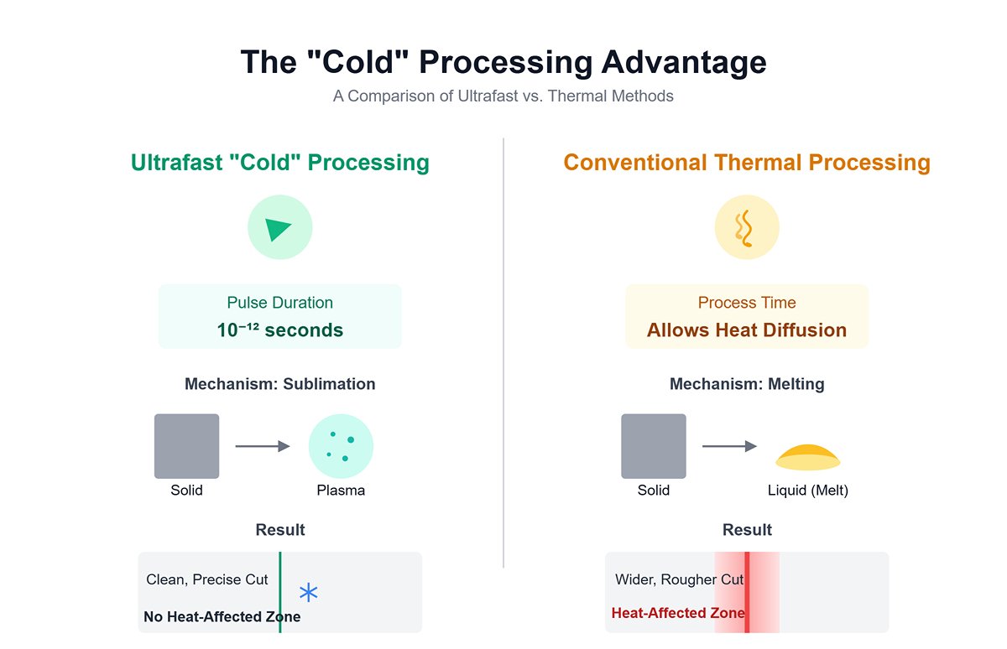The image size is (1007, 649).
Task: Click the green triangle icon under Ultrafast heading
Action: coord(279,229)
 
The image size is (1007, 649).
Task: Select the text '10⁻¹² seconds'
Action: coord(279,330)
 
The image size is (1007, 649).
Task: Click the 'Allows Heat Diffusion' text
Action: coord(746,330)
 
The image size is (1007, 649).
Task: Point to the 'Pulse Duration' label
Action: coord(279,303)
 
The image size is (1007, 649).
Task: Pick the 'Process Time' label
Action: coord(746,303)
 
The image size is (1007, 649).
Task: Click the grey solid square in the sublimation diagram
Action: coord(186,446)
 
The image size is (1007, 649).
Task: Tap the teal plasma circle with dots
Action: coord(341,446)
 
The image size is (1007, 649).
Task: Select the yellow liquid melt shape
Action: coord(807,458)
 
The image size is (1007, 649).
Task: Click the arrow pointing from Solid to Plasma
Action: coord(262,446)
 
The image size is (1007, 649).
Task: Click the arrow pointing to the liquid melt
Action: coord(728,446)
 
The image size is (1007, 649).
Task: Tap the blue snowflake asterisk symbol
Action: coord(309,593)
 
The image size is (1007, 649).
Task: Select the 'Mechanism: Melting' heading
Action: coord(746,384)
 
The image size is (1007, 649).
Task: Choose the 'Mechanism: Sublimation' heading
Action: coord(279,384)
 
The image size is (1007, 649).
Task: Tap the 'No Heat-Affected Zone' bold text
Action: coord(222,617)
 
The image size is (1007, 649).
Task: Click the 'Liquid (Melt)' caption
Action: coord(807,491)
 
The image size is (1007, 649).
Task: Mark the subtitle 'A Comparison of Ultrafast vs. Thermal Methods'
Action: coord(503,96)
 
